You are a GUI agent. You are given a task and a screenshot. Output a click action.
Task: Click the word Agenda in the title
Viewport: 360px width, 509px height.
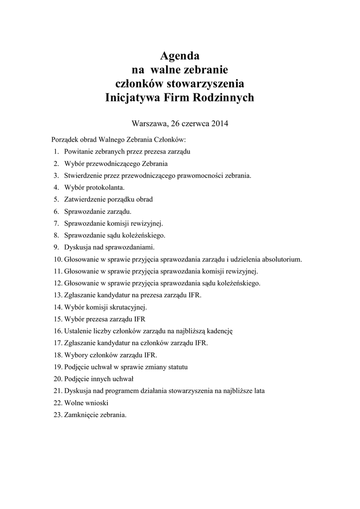[x=180, y=55]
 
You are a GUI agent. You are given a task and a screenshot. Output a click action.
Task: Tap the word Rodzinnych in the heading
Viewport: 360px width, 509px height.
[x=222, y=97]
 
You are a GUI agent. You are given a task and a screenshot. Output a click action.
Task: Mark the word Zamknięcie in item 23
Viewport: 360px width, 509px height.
[x=81, y=415]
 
